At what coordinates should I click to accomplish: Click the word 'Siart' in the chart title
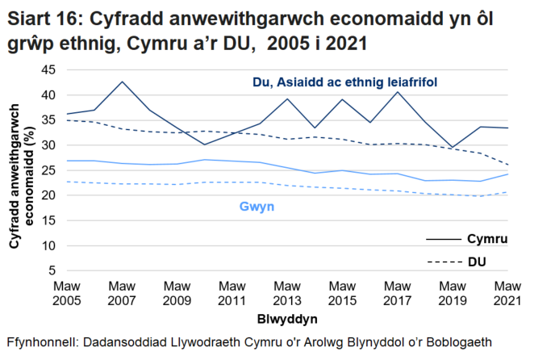(x=29, y=17)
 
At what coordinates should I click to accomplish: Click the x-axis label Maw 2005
(x=67, y=292)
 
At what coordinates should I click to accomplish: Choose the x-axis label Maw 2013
(x=286, y=292)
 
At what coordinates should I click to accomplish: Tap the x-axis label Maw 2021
(x=506, y=292)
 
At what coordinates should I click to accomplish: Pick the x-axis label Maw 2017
(x=396, y=292)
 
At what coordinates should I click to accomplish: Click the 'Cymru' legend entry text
(x=486, y=239)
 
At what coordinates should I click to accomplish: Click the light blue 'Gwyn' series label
(x=257, y=207)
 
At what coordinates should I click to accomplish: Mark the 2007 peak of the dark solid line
(x=122, y=82)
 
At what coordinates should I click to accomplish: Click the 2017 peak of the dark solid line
(x=397, y=91)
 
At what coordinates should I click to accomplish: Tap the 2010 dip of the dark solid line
(x=204, y=144)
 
